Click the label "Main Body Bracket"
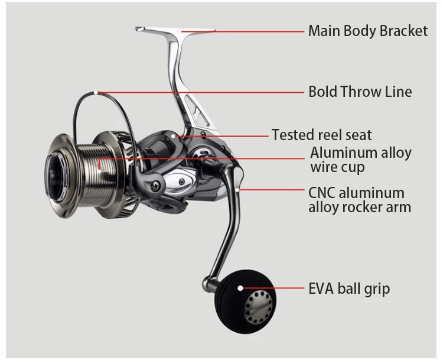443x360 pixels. [x=367, y=31]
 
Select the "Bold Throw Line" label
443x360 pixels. [x=360, y=92]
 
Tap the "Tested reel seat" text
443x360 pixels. [x=321, y=135]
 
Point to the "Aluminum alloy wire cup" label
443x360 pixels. [x=360, y=160]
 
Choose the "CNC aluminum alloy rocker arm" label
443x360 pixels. [x=359, y=200]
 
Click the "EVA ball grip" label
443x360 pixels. [x=348, y=289]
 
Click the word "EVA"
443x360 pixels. [x=321, y=289]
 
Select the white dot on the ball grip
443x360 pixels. [x=240, y=288]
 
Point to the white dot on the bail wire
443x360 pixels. [x=96, y=92]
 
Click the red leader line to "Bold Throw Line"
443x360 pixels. [x=201, y=92]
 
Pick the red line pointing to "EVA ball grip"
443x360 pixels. [x=272, y=288]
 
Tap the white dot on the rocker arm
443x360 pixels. [x=237, y=190]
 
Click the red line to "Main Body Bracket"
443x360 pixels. [x=242, y=30]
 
